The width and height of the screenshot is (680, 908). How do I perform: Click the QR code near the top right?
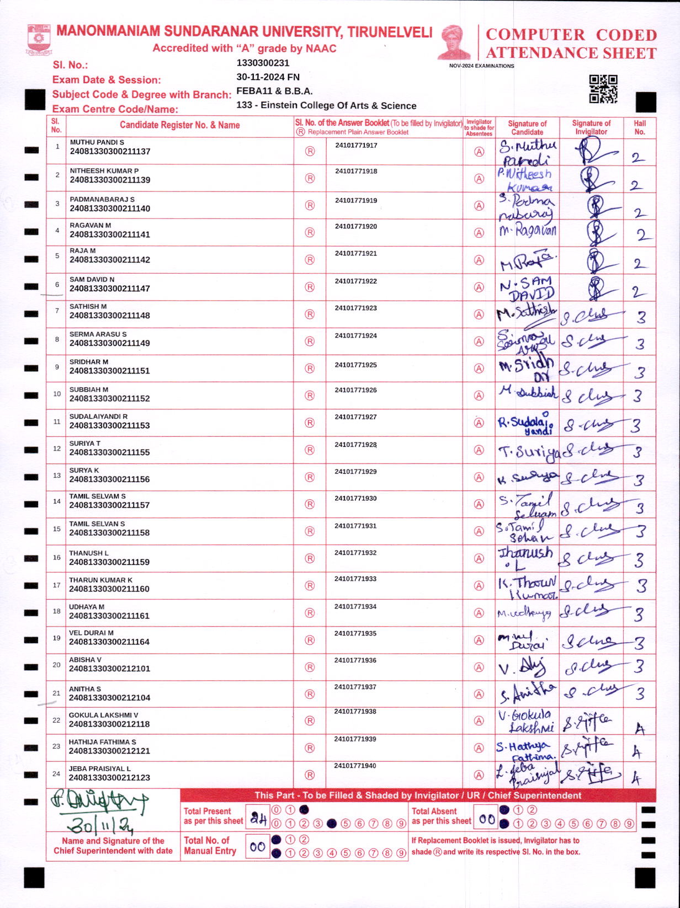603,89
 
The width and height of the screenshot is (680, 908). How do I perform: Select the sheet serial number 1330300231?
263,63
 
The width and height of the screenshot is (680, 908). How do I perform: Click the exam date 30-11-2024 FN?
268,77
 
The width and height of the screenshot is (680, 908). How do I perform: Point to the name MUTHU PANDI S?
97,142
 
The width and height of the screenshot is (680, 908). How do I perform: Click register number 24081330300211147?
110,289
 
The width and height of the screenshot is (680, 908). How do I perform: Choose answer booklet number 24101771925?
355,365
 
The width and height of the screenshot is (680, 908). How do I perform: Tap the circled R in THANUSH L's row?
310,558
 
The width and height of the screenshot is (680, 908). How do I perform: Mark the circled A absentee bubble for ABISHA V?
479,667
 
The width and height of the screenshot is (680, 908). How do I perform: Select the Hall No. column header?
640,127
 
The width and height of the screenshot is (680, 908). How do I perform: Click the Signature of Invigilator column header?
591,127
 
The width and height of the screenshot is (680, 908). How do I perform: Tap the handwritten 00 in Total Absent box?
486,819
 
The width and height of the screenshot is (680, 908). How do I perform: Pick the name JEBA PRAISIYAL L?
99,768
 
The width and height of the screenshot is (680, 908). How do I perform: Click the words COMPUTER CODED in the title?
571,35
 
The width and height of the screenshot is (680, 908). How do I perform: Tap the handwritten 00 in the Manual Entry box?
257,847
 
